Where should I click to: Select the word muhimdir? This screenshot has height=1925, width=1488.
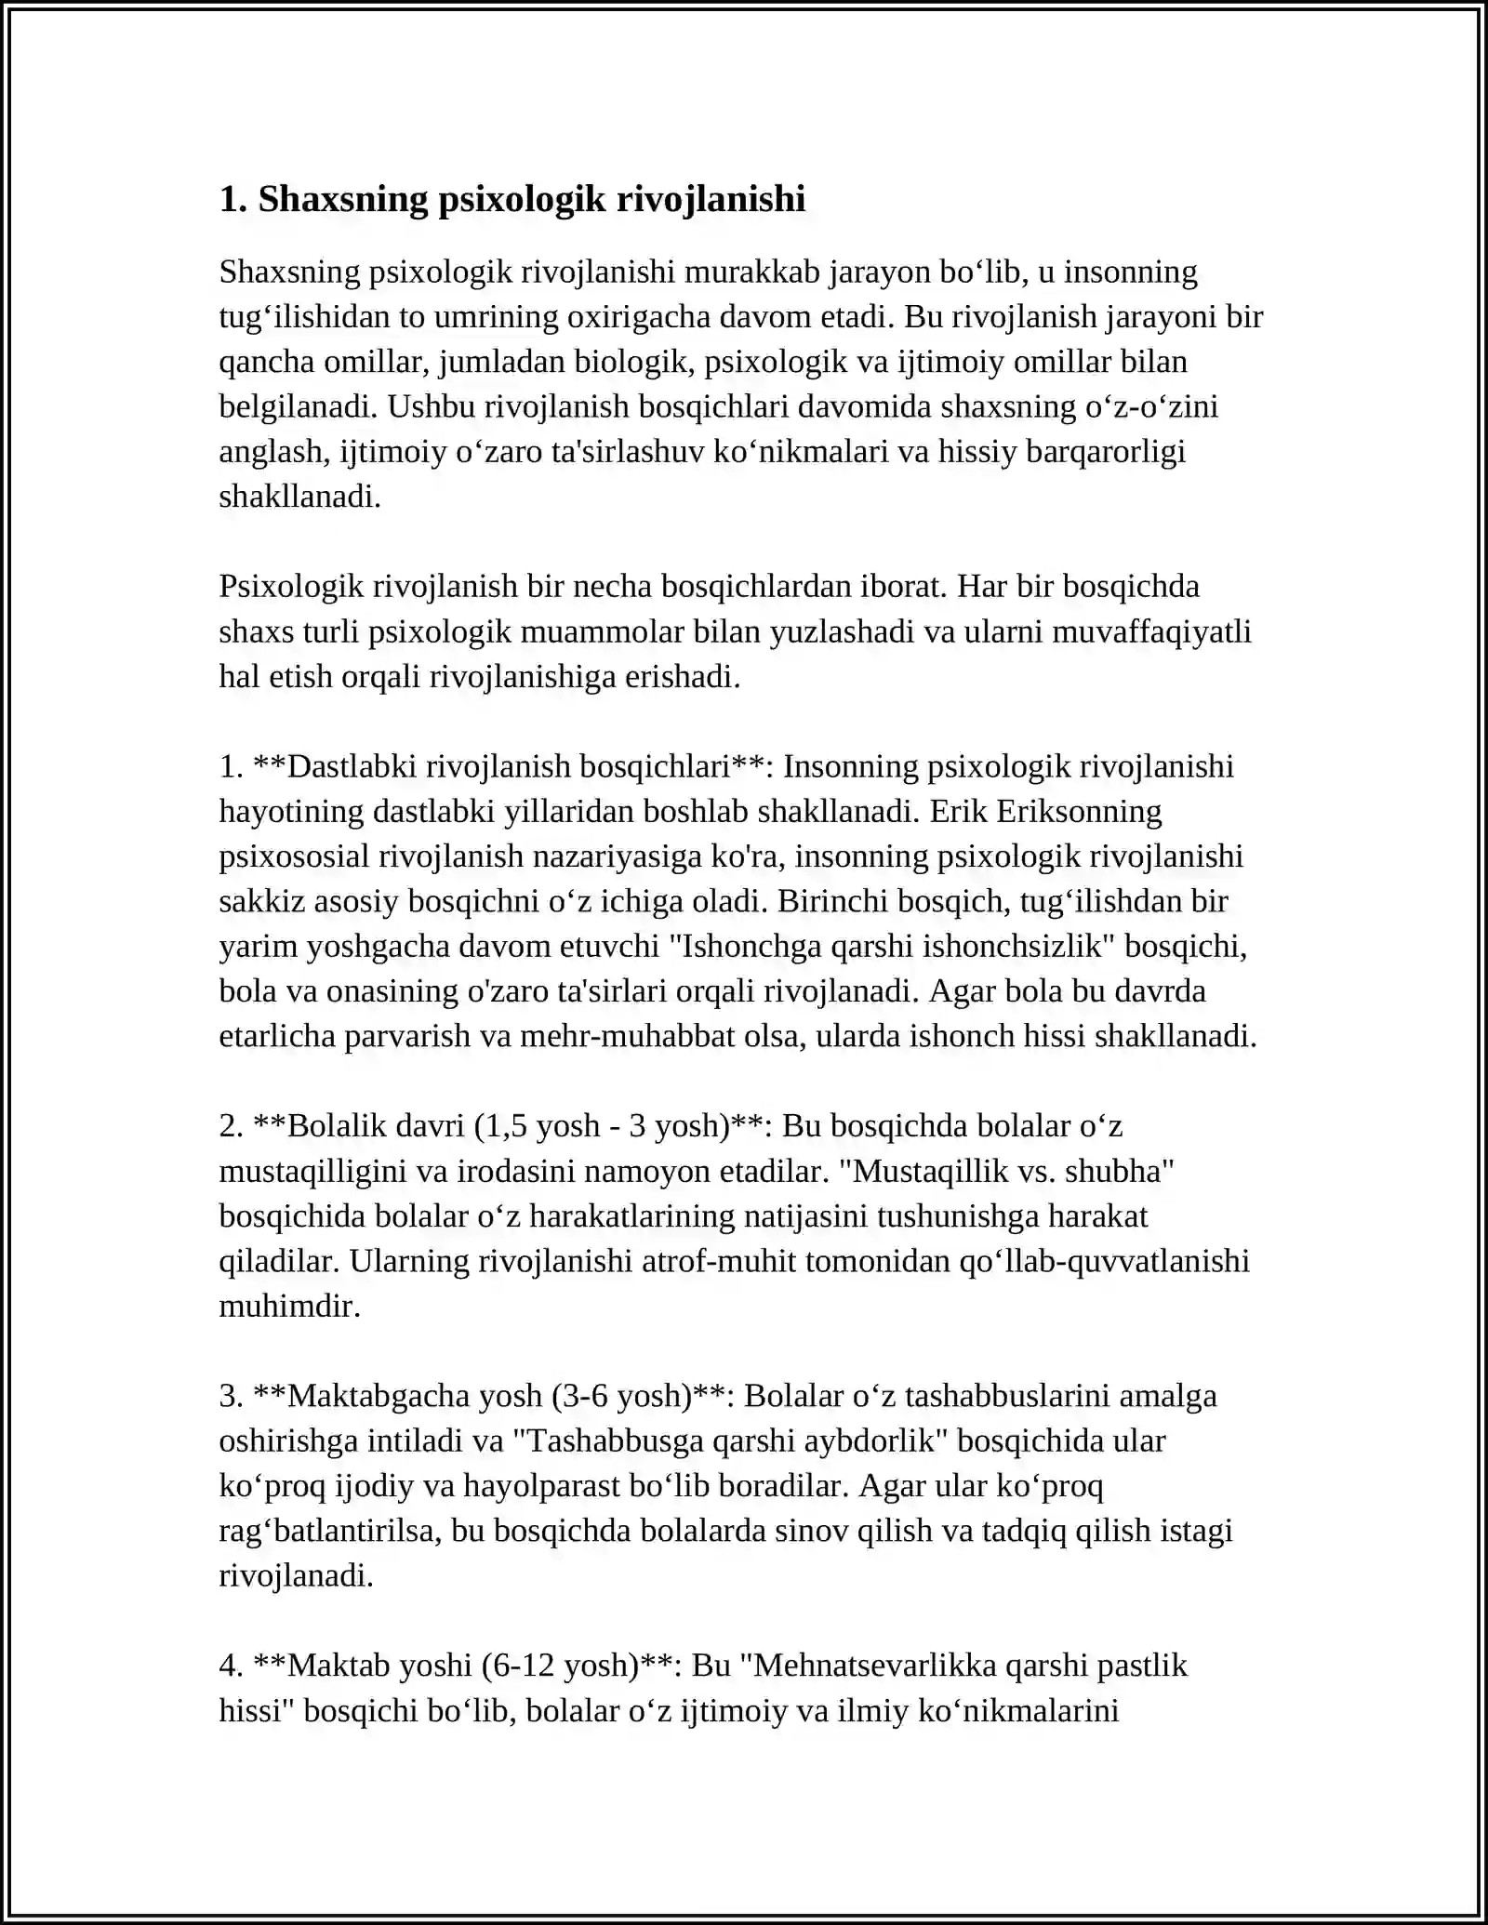coord(289,1306)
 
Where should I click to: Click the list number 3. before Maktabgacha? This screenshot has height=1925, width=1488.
coord(232,1396)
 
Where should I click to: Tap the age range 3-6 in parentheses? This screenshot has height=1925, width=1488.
coord(586,1396)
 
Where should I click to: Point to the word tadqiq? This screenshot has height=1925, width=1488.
coord(1024,1531)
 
